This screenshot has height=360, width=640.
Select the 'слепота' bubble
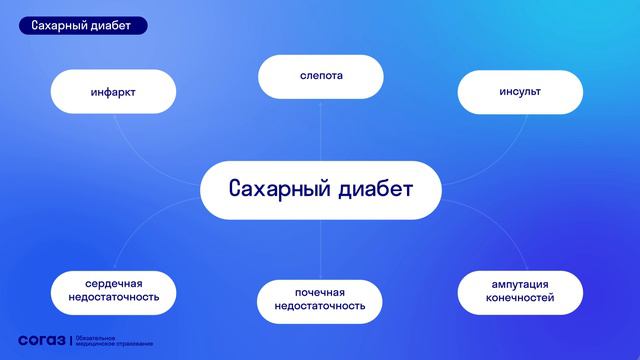tap(320, 76)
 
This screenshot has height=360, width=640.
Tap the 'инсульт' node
tap(520, 92)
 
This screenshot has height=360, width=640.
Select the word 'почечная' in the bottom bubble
tap(320, 292)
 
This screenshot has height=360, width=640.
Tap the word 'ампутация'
tap(520, 283)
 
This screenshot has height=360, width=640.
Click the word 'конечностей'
tap(520, 298)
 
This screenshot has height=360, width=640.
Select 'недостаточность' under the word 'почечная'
tap(320, 307)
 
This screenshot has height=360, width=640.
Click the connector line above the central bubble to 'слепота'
tap(320, 130)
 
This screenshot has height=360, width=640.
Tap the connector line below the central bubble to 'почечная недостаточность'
tap(320, 250)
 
